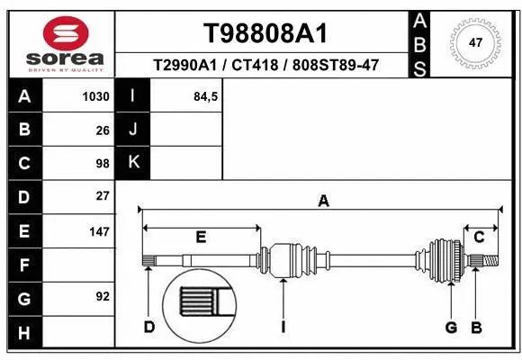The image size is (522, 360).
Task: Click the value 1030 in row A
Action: coord(96,96)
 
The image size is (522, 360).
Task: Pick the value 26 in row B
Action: coord(103,130)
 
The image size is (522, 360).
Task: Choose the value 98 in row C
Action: coord(103,164)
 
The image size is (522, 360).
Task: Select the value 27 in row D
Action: coord(103,196)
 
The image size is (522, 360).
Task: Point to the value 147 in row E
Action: coord(99,231)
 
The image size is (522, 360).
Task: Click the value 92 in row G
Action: coord(103,296)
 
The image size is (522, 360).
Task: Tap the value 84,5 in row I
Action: coord(207,96)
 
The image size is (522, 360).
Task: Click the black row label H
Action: coord(23,334)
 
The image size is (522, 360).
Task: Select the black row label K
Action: coord(134,163)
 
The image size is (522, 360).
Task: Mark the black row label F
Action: coord(23,265)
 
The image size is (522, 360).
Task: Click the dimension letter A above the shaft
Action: coord(323,202)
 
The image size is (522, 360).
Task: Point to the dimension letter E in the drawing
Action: coord(202,238)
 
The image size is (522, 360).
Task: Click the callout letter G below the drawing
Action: coord(451,327)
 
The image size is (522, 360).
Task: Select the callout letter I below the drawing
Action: coord(283,327)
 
